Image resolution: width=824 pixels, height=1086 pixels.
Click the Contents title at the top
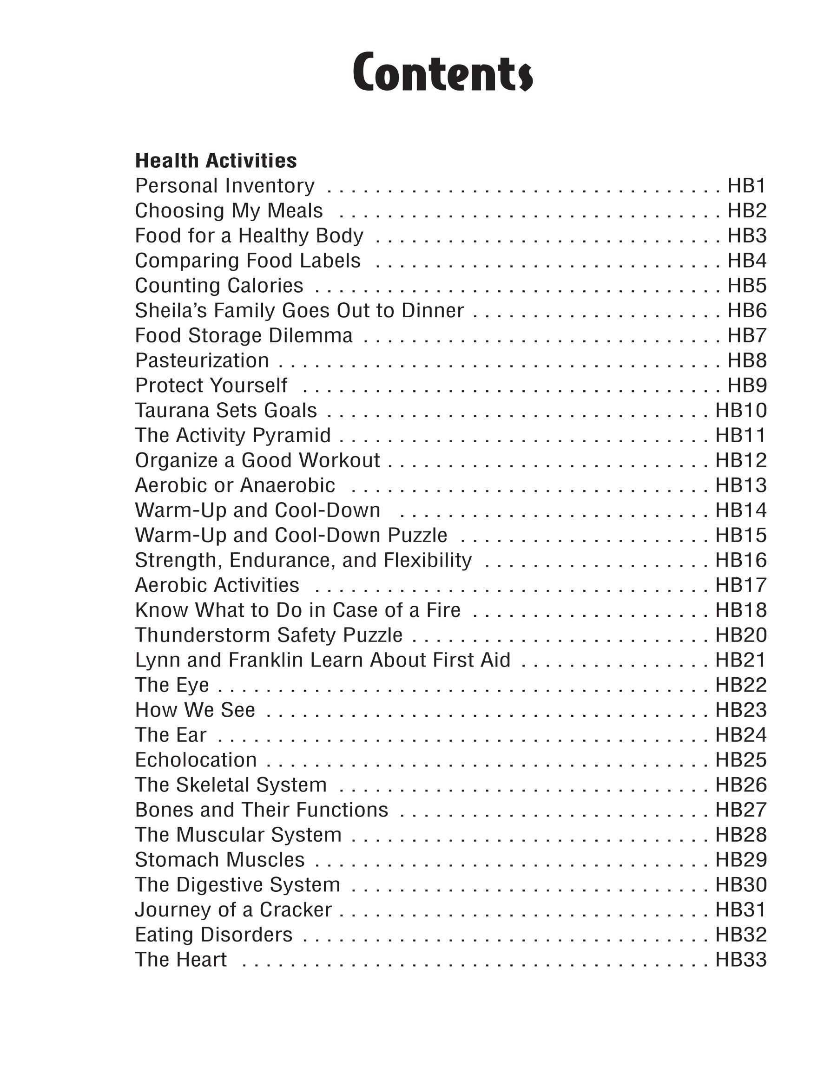coord(443,72)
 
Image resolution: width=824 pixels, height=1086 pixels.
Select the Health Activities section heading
coord(216,161)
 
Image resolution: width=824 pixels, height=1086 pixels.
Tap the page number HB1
coord(747,186)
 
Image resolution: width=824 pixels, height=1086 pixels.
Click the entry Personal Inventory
coord(224,186)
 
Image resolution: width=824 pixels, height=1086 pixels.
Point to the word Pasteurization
coord(202,360)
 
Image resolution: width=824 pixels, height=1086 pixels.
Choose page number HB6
coord(747,310)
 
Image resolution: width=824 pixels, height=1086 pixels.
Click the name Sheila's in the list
coord(169,310)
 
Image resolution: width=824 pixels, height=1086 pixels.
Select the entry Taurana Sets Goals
coord(226,411)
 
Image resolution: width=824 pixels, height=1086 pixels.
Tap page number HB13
coord(741,485)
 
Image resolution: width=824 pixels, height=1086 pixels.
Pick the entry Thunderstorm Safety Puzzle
coord(269,635)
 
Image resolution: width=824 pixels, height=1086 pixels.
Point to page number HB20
coord(741,635)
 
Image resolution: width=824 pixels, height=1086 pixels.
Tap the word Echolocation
coord(196,760)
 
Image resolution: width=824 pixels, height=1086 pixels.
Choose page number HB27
coord(741,810)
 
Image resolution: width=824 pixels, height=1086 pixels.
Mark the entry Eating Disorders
coord(214,934)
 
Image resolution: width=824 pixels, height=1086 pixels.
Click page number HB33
coord(741,959)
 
